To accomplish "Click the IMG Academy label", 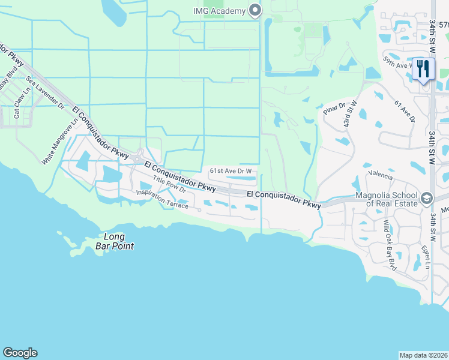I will [x=219, y=11].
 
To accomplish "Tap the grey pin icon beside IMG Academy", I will [x=255, y=10].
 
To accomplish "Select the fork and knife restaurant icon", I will [x=424, y=70].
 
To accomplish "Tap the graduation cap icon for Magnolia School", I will [x=426, y=198].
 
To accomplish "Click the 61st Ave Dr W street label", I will [x=230, y=171].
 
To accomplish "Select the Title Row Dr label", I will [x=170, y=187].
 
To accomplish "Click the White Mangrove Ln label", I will [x=60, y=141].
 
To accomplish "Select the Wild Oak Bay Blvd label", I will [x=390, y=239].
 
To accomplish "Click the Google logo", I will [x=20, y=353].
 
